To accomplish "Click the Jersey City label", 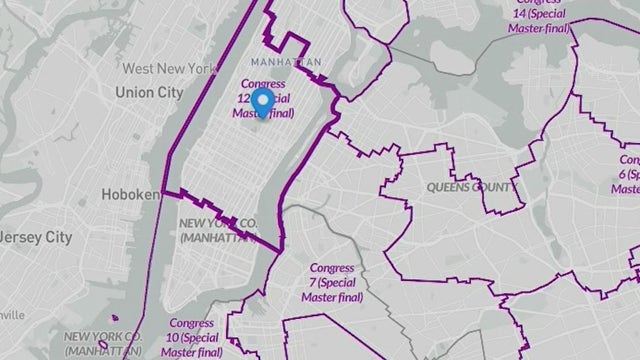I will click(36, 238).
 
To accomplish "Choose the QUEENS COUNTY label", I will click(472, 187).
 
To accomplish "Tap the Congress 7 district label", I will click(340, 268).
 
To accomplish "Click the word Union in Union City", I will click(133, 92).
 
